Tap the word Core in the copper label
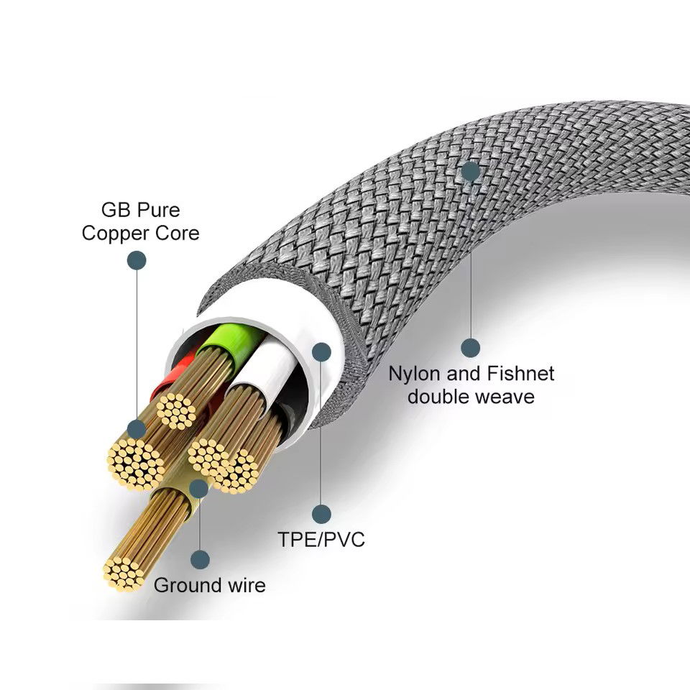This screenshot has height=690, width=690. pyautogui.click(x=175, y=234)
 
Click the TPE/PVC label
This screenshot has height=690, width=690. pyautogui.click(x=321, y=539)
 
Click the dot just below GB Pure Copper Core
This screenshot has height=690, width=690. pyautogui.click(x=137, y=260)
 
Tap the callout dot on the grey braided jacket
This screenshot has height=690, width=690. pyautogui.click(x=470, y=171)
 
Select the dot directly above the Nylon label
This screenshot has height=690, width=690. pyautogui.click(x=470, y=349)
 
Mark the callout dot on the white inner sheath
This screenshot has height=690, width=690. pyautogui.click(x=321, y=351)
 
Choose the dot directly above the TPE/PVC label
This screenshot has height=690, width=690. pyautogui.click(x=321, y=514)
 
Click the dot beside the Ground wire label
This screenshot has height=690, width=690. pyautogui.click(x=200, y=559)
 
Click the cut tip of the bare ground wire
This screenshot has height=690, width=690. pyautogui.click(x=123, y=573)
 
